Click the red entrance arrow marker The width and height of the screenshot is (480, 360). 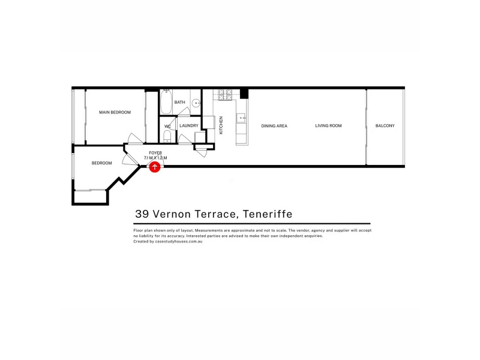[155, 167]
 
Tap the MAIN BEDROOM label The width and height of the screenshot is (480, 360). [115, 112]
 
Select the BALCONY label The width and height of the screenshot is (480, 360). [385, 125]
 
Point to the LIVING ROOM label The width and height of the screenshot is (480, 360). [328, 125]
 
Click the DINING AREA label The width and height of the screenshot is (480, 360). [274, 126]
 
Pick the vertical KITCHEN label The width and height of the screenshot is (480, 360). [221, 125]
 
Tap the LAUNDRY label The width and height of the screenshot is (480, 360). [189, 125]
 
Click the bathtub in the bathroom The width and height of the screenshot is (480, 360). [167, 102]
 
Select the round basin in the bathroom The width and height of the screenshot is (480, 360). [196, 103]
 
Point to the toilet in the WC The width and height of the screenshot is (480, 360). [167, 137]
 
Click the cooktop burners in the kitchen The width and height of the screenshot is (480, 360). [225, 94]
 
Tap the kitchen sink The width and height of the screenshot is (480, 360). [241, 118]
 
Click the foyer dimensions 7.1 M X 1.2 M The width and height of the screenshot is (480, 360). [155, 158]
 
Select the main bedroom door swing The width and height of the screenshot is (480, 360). [135, 139]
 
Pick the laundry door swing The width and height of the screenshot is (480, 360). [185, 139]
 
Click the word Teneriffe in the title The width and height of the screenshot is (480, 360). [268, 214]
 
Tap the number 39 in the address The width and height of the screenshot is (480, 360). [142, 214]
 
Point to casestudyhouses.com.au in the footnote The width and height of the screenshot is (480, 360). [179, 242]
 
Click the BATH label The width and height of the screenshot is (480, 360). [179, 102]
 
